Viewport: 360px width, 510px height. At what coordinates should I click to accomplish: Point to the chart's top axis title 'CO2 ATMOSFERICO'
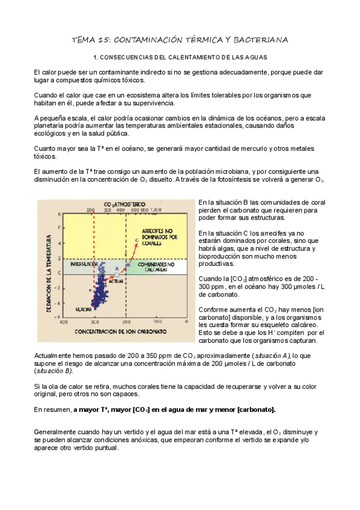click(x=126, y=204)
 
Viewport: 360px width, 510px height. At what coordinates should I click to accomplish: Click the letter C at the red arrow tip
click(x=137, y=240)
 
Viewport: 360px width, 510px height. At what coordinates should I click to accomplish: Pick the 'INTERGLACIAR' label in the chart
click(x=84, y=264)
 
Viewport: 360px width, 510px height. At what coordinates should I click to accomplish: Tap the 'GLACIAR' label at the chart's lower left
click(x=82, y=309)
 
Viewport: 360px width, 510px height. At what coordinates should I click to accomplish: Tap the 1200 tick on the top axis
click(x=157, y=210)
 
